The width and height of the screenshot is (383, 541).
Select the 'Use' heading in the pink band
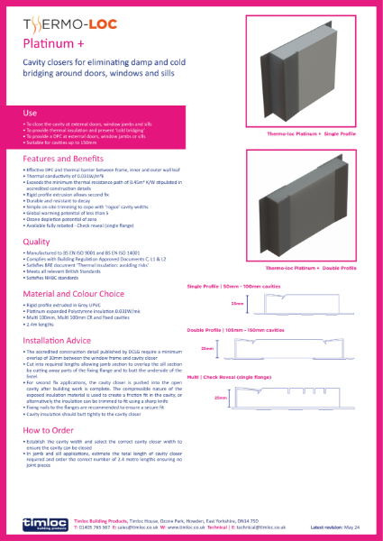pyautogui.click(x=30, y=112)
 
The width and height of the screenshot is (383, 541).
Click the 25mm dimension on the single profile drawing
pyautogui.click(x=237, y=305)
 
